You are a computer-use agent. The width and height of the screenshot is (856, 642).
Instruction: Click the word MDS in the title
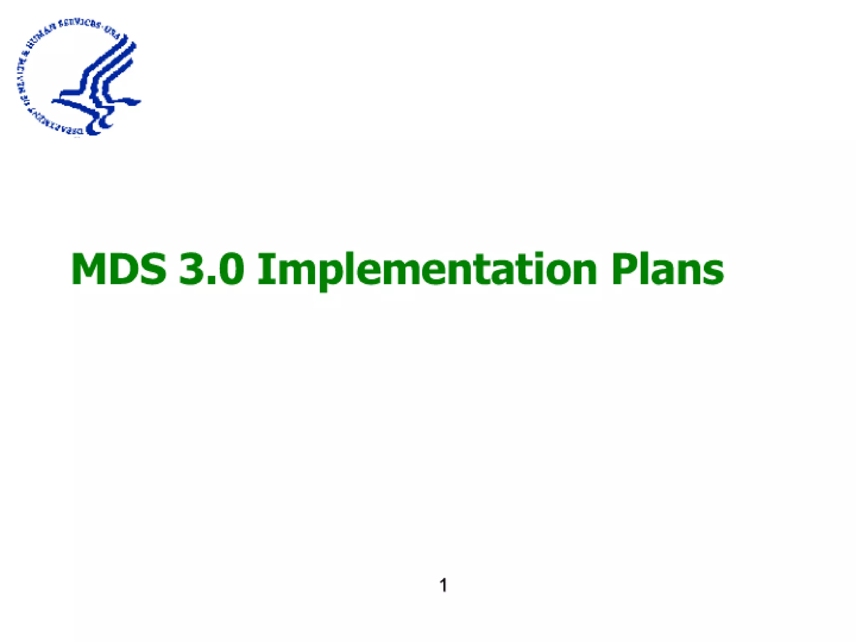pos(119,270)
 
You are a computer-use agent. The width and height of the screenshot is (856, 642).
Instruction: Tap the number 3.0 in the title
pos(211,270)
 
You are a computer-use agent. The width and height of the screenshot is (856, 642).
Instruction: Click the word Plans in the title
pos(667,270)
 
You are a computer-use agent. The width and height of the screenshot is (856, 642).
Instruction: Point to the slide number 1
pos(443,585)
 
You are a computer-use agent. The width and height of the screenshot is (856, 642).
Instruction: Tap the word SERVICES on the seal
pos(79,24)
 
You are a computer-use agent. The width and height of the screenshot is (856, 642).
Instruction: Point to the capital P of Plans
pos(624,270)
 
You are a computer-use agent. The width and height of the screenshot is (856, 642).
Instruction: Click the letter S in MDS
pos(152,270)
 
